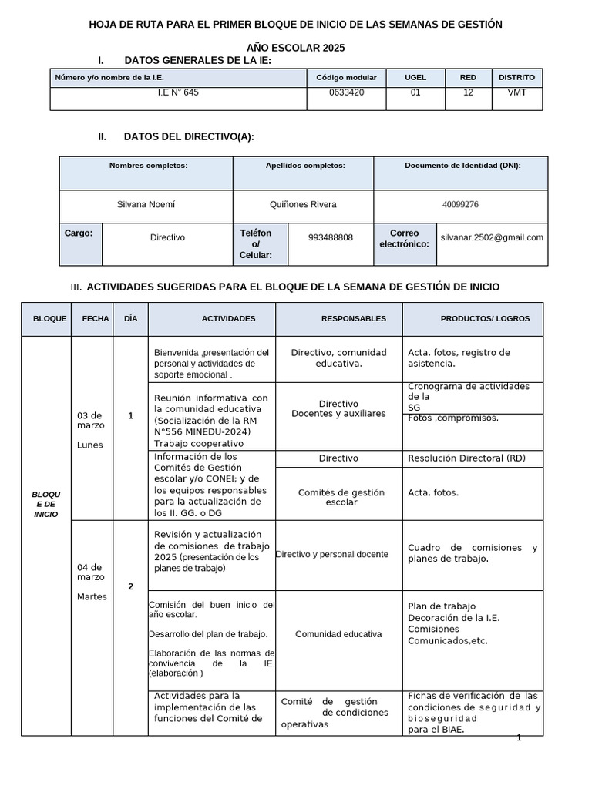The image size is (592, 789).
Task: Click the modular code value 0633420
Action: tap(346, 92)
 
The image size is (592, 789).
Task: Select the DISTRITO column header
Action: tap(516, 77)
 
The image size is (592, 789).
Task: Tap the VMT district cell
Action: tap(516, 92)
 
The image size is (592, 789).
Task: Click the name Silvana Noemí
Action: tap(146, 204)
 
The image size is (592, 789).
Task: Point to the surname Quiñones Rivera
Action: tap(302, 204)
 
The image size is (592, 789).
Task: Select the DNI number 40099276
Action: tap(460, 205)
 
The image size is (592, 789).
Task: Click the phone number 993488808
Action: tap(330, 237)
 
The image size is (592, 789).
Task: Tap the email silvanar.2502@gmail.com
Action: tap(492, 237)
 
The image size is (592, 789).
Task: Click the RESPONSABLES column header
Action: tap(354, 318)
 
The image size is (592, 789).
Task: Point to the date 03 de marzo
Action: tap(91, 421)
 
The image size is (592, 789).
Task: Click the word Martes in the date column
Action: tap(91, 596)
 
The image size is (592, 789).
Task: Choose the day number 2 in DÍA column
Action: tap(130, 586)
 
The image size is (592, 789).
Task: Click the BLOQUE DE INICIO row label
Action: tap(45, 503)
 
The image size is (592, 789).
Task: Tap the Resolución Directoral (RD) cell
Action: tap(466, 458)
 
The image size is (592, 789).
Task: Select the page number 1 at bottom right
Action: tap(519, 737)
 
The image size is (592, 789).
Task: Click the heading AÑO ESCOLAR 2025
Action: tap(295, 48)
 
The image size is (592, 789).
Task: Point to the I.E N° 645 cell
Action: tap(178, 92)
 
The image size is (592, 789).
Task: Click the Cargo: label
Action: tap(79, 233)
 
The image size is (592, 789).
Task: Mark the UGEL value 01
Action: tap(415, 92)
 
